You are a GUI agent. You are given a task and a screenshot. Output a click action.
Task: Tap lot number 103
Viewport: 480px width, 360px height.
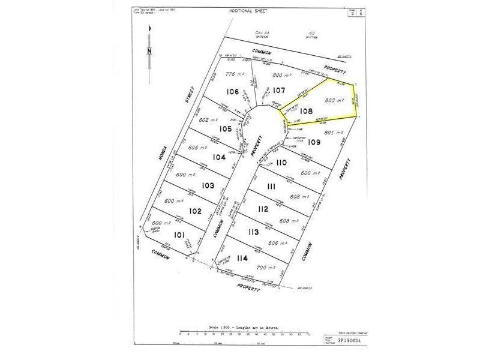208,186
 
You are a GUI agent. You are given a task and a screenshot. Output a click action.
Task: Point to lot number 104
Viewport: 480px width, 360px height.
219,157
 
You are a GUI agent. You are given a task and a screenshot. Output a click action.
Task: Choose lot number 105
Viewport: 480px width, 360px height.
225,129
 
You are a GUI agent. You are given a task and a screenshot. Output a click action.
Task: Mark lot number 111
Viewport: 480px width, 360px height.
271,187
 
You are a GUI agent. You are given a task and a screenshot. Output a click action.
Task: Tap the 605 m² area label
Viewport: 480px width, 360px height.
197,148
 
